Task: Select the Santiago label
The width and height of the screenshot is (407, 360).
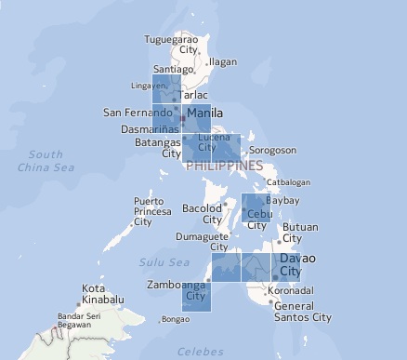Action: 173,69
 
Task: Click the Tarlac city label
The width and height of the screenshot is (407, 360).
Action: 192,95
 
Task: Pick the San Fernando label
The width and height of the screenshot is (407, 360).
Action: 137,113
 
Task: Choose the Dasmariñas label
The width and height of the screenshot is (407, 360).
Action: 151,128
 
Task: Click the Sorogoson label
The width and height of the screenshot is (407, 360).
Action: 272,150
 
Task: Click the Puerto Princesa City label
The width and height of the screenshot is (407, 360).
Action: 153,211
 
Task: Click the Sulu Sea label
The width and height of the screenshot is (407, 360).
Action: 157,263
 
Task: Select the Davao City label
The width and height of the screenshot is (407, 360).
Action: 291,263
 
